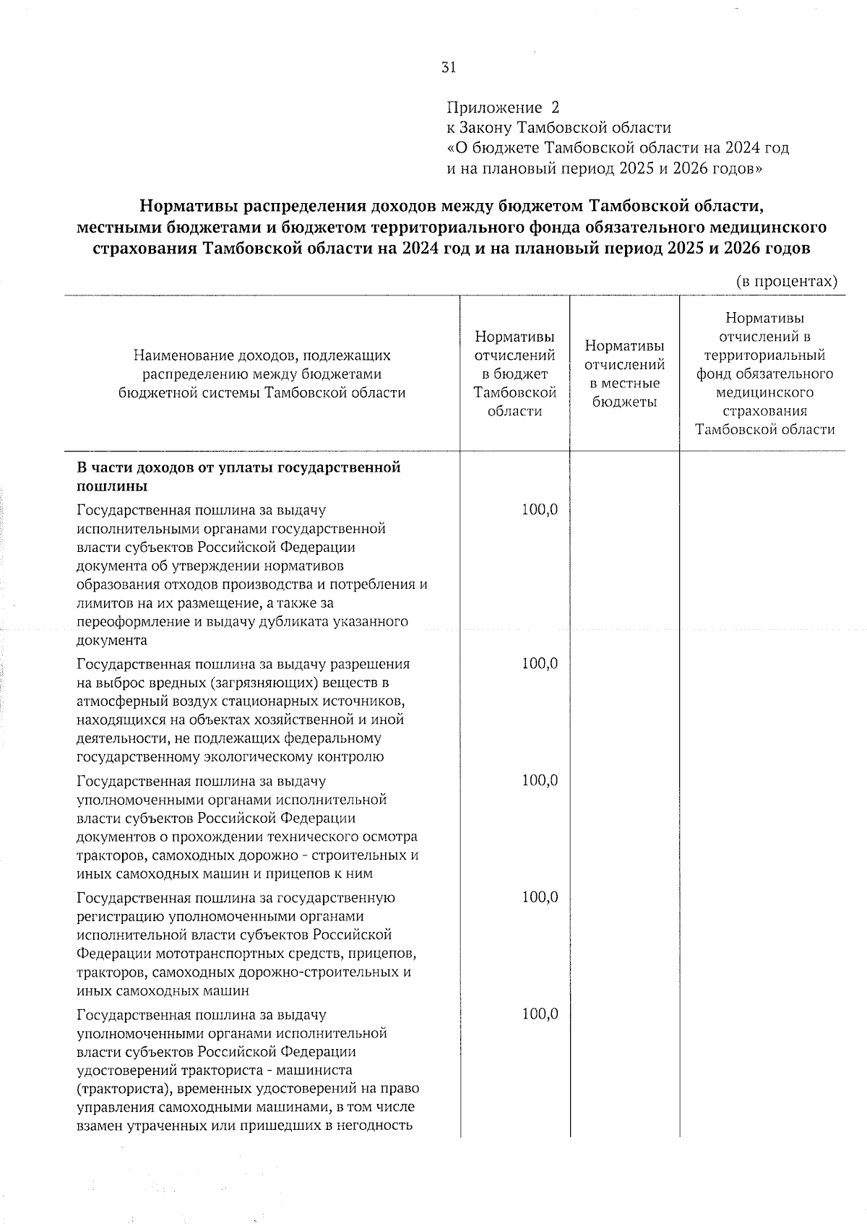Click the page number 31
click(x=448, y=68)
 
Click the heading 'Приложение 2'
click(x=503, y=108)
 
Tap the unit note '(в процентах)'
click(x=787, y=281)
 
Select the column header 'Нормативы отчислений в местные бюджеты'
click(x=624, y=374)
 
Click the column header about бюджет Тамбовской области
click(x=514, y=374)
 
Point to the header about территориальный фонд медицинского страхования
click(x=764, y=374)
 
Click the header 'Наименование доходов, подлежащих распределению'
click(x=262, y=374)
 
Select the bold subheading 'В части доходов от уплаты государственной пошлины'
click(x=238, y=476)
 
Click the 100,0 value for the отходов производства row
click(x=540, y=510)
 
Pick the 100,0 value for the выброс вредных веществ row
click(x=540, y=664)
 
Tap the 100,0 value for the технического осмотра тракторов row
click(x=540, y=781)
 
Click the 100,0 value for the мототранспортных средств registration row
click(x=540, y=898)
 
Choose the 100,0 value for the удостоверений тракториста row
click(x=540, y=1015)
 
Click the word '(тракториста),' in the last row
click(x=121, y=1089)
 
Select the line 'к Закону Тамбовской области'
click(x=558, y=129)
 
